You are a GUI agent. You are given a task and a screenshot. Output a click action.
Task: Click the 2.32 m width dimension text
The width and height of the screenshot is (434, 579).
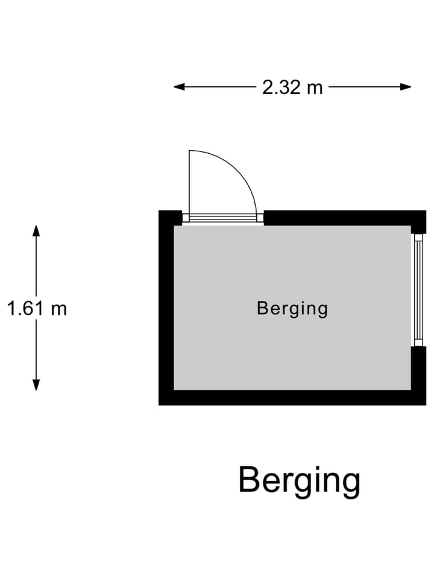[292, 87]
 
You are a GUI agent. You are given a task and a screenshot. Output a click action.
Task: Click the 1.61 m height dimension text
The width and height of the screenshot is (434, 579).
[37, 308]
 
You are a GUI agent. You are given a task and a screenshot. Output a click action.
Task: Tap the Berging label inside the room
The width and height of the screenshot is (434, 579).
[292, 309]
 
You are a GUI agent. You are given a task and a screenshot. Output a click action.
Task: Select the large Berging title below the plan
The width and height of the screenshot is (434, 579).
[300, 481]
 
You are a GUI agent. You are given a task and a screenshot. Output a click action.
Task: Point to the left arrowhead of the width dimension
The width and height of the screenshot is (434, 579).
[178, 87]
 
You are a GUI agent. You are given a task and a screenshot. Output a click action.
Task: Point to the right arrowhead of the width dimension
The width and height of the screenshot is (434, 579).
[406, 87]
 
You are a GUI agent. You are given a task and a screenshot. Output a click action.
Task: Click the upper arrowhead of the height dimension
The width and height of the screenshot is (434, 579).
[36, 230]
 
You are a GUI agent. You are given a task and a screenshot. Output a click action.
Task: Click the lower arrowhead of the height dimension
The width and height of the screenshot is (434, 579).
[36, 385]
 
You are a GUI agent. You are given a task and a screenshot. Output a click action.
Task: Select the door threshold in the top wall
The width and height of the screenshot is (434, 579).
[223, 218]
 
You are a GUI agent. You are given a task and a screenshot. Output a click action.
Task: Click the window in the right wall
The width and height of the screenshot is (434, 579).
[418, 289]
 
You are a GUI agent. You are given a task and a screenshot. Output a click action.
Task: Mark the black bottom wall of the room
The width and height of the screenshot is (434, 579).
[292, 397]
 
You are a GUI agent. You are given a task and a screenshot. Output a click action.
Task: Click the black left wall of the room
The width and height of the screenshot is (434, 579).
[166, 308]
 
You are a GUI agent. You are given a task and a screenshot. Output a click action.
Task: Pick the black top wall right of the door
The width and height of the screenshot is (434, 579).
[345, 218]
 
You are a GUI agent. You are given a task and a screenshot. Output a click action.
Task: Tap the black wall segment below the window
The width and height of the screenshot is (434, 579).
[418, 369]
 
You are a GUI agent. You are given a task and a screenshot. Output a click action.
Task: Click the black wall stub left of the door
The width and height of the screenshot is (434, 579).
[171, 218]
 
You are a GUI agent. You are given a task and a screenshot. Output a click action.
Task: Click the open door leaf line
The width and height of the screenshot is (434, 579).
[189, 182]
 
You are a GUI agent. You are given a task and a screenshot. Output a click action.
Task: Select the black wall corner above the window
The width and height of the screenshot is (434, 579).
[419, 221]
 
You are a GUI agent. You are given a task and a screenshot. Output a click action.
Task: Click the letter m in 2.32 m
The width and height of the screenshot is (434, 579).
[315, 89]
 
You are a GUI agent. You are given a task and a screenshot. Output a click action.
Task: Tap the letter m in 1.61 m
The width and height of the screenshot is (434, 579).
[60, 310]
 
